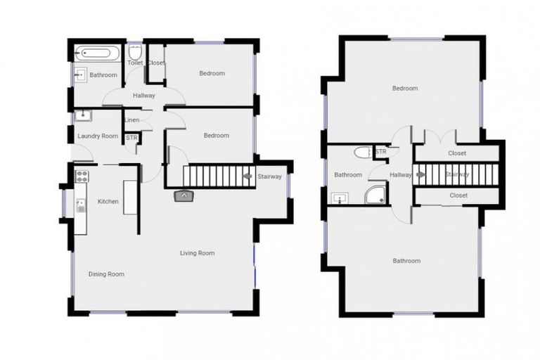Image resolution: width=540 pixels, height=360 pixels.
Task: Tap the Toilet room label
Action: click(x=135, y=63)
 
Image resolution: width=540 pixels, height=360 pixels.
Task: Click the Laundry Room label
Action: click(x=98, y=136)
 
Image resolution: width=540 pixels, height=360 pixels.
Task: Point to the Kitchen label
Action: click(x=108, y=202)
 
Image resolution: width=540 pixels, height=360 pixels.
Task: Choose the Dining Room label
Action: click(x=106, y=274)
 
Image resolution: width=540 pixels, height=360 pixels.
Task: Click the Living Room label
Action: click(x=198, y=253)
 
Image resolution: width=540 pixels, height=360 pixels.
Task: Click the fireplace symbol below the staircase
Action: click(x=184, y=195)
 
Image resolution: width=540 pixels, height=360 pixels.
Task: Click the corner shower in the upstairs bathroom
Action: click(x=375, y=194)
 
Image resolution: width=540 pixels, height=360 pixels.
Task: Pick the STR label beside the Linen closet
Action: click(x=131, y=137)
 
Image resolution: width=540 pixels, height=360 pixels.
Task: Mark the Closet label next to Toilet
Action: click(x=156, y=63)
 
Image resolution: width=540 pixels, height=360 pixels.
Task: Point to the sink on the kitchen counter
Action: click(x=81, y=205)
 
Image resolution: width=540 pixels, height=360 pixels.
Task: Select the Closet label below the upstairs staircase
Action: click(x=458, y=195)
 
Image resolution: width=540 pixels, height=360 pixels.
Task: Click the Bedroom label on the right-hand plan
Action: click(x=405, y=89)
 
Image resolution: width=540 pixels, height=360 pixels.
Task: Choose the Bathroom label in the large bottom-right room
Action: click(x=406, y=261)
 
